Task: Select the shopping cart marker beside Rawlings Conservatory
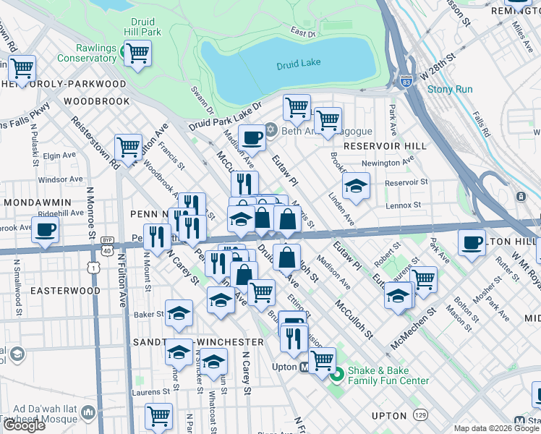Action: coord(137,51)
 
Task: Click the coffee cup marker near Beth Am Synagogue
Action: coord(252,136)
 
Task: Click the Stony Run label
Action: coord(449,90)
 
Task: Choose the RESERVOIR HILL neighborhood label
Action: coord(380,146)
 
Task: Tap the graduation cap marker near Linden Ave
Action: coord(356,187)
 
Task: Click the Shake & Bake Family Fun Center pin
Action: coord(336,375)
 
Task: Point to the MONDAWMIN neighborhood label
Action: coord(36,203)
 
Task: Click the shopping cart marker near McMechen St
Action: coord(423,279)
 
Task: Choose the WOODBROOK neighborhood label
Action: coord(96,101)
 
